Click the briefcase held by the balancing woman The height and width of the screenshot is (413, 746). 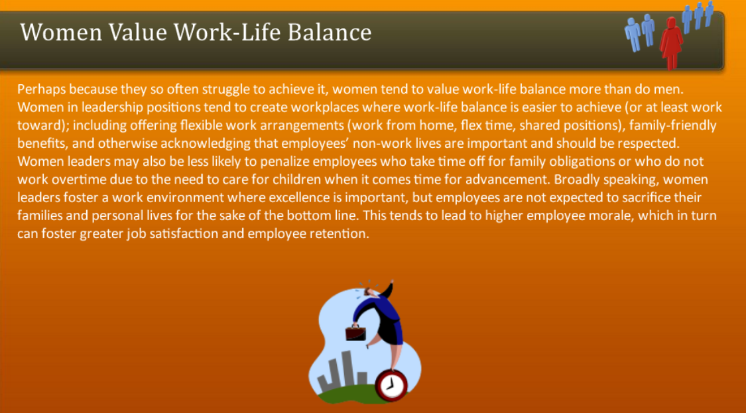pyautogui.click(x=355, y=331)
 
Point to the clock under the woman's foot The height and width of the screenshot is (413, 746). pyautogui.click(x=391, y=384)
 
